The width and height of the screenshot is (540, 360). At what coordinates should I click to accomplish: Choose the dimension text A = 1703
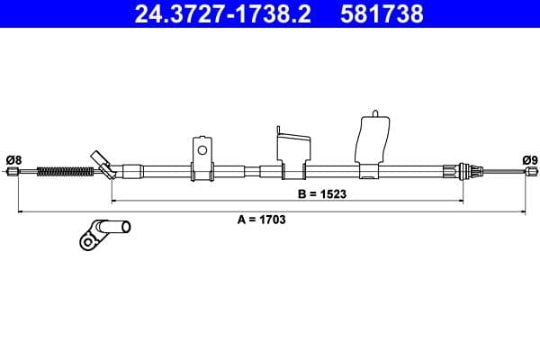click(261, 219)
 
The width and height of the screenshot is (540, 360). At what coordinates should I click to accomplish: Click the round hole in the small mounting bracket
click(202, 150)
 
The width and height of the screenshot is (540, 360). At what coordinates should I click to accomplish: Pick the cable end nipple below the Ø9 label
click(529, 172)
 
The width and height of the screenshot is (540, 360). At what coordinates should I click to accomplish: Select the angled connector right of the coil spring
click(103, 162)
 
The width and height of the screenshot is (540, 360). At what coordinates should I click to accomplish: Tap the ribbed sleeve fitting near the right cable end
click(465, 171)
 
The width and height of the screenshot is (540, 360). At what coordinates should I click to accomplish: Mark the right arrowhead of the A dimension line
click(524, 211)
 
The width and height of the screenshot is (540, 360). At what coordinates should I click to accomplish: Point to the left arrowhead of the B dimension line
click(114, 200)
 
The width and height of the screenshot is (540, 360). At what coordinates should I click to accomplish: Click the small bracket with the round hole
click(202, 156)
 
